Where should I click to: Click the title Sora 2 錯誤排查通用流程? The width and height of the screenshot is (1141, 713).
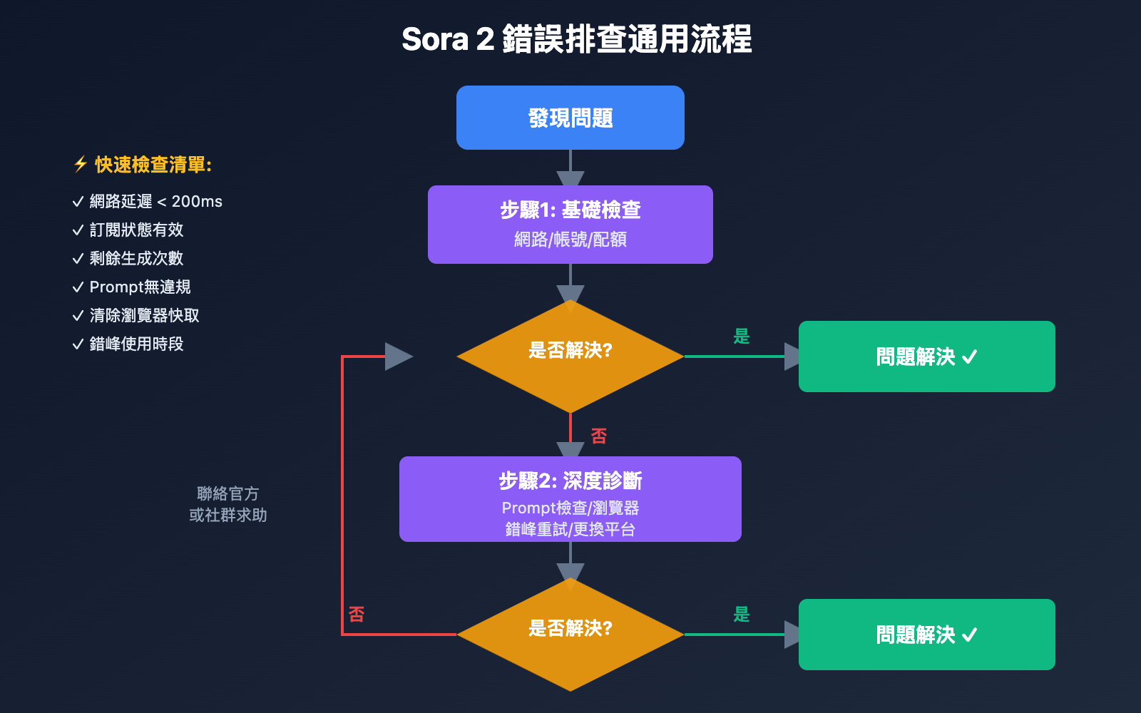(x=576, y=39)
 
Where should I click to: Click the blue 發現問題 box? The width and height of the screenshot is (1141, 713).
(x=570, y=118)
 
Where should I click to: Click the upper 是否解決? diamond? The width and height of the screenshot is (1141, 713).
(x=570, y=356)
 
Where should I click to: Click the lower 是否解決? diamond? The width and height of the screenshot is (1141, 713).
(x=570, y=634)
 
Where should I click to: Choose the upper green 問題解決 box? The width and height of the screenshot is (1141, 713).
(x=926, y=356)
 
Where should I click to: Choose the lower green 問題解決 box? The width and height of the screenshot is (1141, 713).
(x=926, y=635)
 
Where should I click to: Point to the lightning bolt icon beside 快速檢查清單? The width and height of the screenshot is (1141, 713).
(x=81, y=165)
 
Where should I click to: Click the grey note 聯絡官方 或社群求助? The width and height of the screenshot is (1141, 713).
(x=228, y=504)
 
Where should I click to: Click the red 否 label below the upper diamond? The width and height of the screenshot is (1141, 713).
(x=598, y=436)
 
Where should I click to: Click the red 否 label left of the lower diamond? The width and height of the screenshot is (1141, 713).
(x=357, y=614)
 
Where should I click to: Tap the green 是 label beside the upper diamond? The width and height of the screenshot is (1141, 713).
(x=742, y=336)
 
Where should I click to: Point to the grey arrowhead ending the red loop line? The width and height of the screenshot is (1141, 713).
(x=398, y=356)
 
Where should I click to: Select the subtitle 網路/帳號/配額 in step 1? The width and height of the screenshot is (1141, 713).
(x=570, y=240)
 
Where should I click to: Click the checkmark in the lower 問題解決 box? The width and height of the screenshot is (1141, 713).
(x=970, y=635)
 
